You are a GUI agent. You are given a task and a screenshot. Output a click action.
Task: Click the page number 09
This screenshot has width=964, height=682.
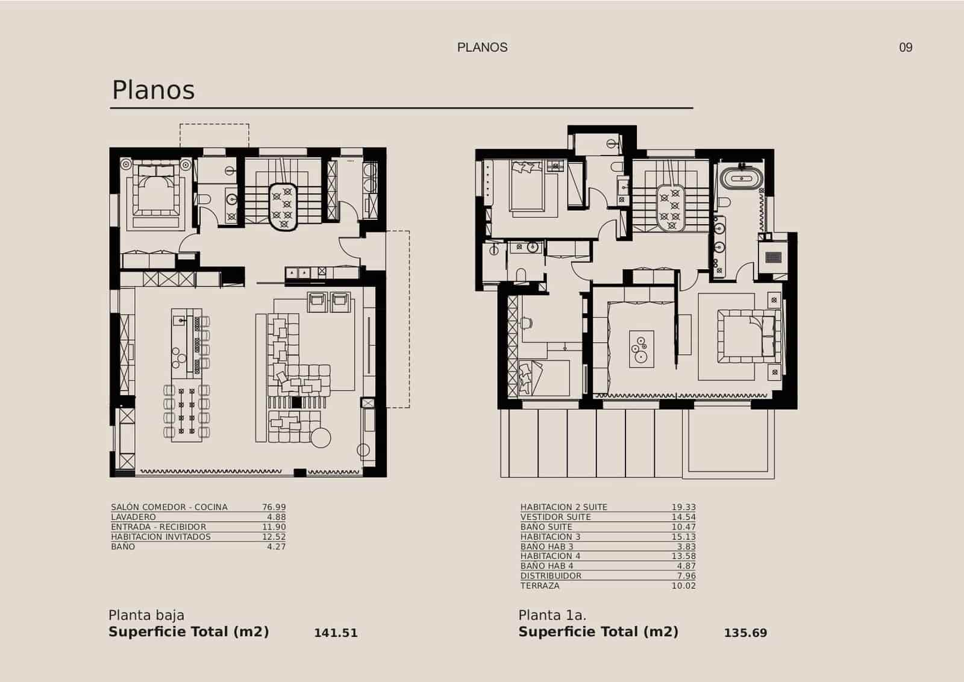[x=906, y=48]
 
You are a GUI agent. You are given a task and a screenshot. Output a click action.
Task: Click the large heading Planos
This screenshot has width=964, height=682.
[x=154, y=90]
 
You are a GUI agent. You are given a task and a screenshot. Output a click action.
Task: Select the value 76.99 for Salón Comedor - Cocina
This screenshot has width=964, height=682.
[x=274, y=507]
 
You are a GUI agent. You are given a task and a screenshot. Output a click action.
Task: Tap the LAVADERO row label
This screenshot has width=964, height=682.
[x=133, y=517]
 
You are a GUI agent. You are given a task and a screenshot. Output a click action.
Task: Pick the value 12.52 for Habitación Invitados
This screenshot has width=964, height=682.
[x=274, y=537]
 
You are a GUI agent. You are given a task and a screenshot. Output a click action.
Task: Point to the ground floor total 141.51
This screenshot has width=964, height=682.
[x=336, y=633]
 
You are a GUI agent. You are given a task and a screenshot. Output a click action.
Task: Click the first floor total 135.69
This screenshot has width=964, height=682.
[x=745, y=633]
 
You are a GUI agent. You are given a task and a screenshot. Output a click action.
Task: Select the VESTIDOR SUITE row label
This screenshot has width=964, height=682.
[x=556, y=517]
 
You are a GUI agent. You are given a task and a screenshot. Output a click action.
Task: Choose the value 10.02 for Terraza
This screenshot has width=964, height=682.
[x=683, y=586]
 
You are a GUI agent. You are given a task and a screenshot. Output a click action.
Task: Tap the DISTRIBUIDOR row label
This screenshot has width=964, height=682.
[x=551, y=576]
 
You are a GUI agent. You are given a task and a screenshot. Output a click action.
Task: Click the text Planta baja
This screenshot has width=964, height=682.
[x=146, y=615]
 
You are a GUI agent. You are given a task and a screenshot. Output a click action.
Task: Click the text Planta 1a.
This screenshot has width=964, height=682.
[x=552, y=615]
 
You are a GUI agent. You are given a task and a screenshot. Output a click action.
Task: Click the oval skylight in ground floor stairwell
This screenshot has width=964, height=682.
[x=283, y=206]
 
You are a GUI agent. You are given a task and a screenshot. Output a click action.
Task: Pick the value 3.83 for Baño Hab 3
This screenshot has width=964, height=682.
[x=683, y=546]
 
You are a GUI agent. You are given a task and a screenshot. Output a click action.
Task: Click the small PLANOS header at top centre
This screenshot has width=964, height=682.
[x=482, y=48]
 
